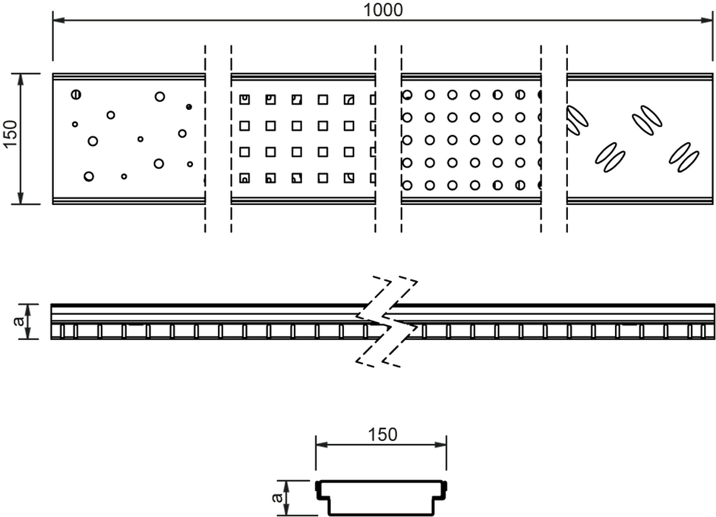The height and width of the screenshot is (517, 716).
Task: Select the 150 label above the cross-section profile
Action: pyautogui.click(x=382, y=434)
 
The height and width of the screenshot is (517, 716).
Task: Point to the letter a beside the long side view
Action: pyautogui.click(x=20, y=322)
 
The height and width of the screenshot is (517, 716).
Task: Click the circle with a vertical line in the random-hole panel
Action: pyautogui.click(x=75, y=94)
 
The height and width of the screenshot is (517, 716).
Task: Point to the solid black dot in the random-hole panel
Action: pyautogui.click(x=189, y=107)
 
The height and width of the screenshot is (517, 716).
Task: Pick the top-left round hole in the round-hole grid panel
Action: pyautogui.click(x=407, y=95)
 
